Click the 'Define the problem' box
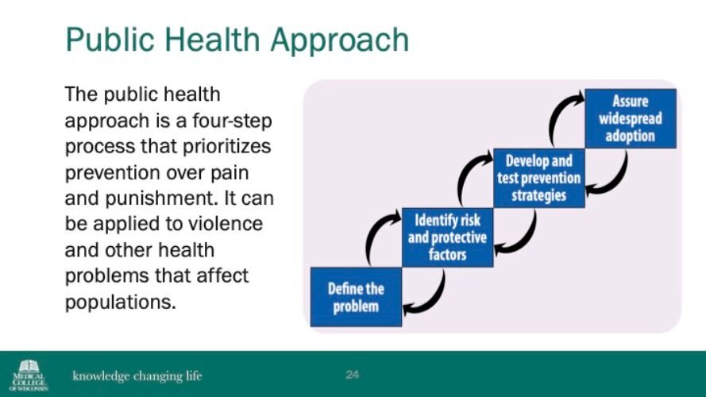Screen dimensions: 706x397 click(x=356, y=297)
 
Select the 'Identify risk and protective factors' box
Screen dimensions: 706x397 click(x=448, y=237)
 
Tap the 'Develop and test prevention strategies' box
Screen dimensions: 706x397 click(x=539, y=178)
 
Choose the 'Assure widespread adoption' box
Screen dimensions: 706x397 click(x=631, y=119)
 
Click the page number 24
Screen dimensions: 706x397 click(x=352, y=375)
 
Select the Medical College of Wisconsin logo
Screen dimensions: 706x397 click(x=29, y=375)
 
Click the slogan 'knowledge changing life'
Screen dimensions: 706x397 click(x=137, y=376)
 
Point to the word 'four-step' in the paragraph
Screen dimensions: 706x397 click(x=233, y=121)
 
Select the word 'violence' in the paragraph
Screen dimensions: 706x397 click(x=225, y=224)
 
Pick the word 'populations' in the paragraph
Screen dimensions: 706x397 click(x=118, y=303)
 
